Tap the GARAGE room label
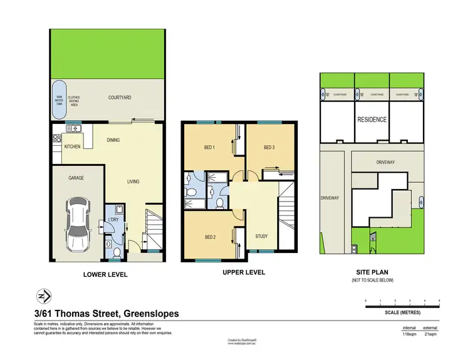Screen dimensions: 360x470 [x=76, y=178]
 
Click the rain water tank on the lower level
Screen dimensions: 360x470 [x=61, y=100]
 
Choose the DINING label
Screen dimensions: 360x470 [x=113, y=140]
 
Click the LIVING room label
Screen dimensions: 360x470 [x=133, y=182]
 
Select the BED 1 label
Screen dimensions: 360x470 [x=209, y=148]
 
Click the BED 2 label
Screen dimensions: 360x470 [x=211, y=237]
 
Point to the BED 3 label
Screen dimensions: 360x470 [x=269, y=148]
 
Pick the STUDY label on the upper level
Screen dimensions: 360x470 [x=262, y=236]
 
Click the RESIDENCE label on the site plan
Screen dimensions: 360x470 [x=372, y=120]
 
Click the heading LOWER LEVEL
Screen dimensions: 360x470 [x=106, y=275]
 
